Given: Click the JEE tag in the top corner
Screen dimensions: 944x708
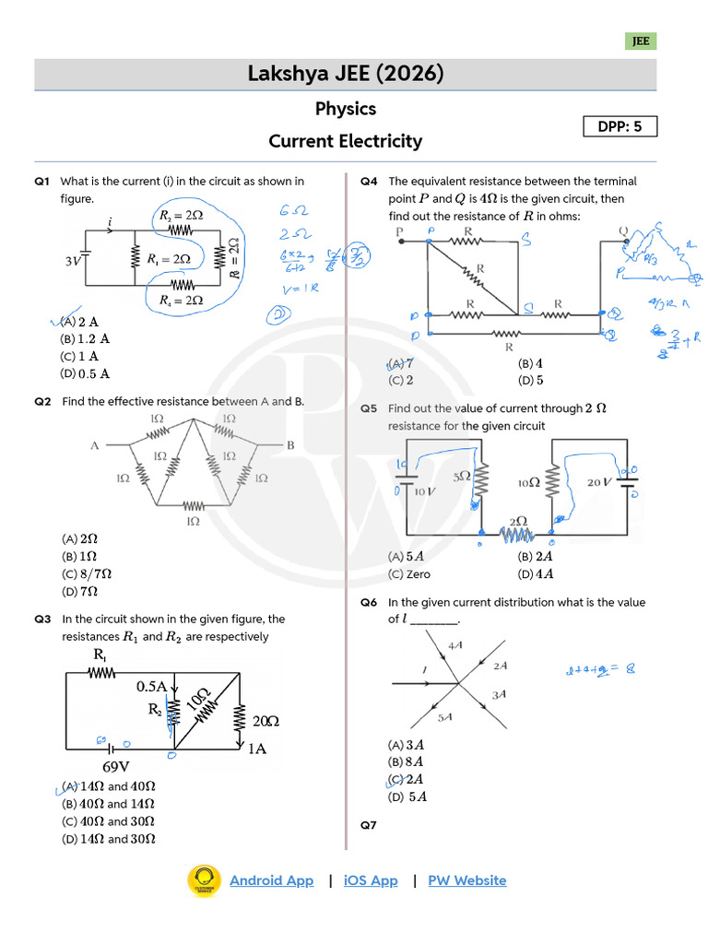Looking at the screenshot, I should pyautogui.click(x=641, y=41).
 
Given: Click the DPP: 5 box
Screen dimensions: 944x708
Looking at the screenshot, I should pyautogui.click(x=619, y=126).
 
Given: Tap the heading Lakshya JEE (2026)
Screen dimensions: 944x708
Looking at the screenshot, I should pyautogui.click(x=346, y=74).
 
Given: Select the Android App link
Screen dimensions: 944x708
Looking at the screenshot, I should pyautogui.click(x=271, y=880).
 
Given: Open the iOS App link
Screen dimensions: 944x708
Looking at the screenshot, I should pyautogui.click(x=370, y=880).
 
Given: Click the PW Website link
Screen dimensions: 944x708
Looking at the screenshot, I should pyautogui.click(x=466, y=880).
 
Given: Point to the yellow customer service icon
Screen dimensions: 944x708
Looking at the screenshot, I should pyautogui.click(x=204, y=880).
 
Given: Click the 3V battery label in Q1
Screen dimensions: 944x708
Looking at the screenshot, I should pyautogui.click(x=74, y=262).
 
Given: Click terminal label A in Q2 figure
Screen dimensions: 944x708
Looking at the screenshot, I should pyautogui.click(x=94, y=445).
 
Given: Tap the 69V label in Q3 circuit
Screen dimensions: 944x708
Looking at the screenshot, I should pyautogui.click(x=115, y=766).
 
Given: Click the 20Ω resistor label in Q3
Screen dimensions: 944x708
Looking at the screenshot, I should pyautogui.click(x=265, y=721).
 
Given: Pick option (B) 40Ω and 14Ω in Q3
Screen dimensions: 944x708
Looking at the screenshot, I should pyautogui.click(x=108, y=804).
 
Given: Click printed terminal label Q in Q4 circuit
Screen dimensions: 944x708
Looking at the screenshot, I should pyautogui.click(x=623, y=230).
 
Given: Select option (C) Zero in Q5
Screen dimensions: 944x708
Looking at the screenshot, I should pyautogui.click(x=409, y=574).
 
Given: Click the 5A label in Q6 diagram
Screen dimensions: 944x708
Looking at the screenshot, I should pyautogui.click(x=445, y=716).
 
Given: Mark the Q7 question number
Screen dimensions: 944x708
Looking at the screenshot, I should pyautogui.click(x=369, y=825).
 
